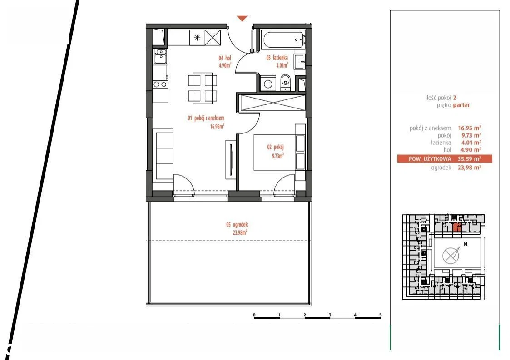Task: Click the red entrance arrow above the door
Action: click(242, 18)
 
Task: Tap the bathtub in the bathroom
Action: click(284, 39)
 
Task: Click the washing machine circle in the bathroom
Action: click(268, 84)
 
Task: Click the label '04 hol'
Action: click(225, 58)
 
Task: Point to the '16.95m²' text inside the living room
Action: click(217, 126)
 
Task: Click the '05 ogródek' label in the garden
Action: click(237, 224)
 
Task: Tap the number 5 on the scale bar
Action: click(380, 315)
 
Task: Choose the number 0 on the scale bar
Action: click(254, 315)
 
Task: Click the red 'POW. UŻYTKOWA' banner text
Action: click(430, 159)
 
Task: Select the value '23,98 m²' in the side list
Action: click(469, 168)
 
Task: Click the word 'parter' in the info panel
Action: click(461, 105)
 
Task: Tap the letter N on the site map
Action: click(465, 244)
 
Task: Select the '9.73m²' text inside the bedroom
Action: click(278, 156)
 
